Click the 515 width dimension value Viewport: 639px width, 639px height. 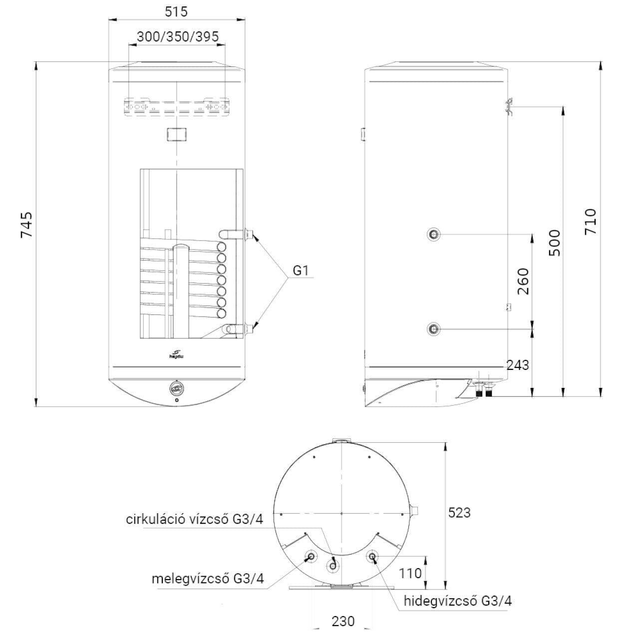point(176,11)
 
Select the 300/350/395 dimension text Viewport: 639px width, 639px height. point(178,36)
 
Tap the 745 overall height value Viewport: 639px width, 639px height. point(26,225)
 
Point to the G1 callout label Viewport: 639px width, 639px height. point(301,271)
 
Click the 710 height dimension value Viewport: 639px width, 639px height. point(590,222)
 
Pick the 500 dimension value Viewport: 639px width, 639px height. point(555,243)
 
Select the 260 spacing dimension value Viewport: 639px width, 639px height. point(523,281)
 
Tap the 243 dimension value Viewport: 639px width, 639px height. point(518,365)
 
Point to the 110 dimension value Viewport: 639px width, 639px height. point(410,573)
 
